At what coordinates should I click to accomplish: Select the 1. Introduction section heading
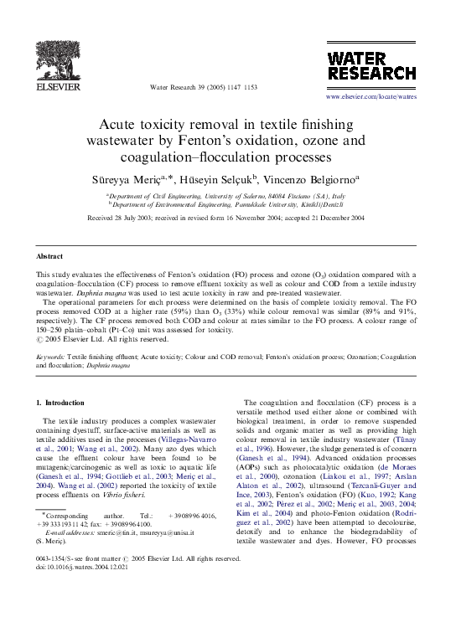click(x=61, y=404)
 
